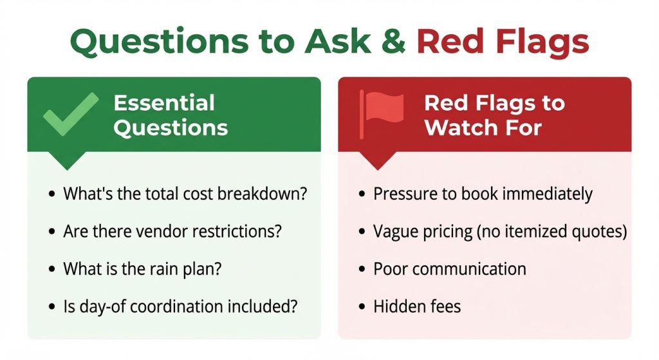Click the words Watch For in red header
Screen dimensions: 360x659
(x=483, y=127)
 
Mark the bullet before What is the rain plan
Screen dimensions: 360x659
(x=51, y=269)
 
